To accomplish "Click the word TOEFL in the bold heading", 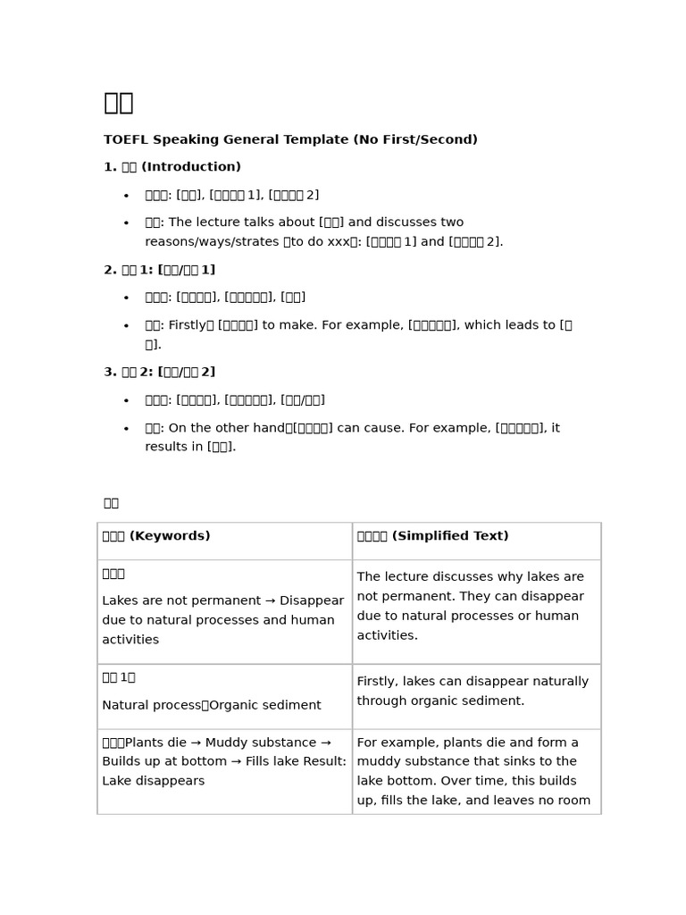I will click(x=126, y=140).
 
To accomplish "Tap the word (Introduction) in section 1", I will click(x=191, y=167).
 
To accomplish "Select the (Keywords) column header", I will click(x=170, y=536).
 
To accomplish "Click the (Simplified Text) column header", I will click(x=450, y=536).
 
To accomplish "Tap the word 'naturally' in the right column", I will click(x=558, y=682).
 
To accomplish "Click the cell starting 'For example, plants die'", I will click(x=473, y=771).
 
